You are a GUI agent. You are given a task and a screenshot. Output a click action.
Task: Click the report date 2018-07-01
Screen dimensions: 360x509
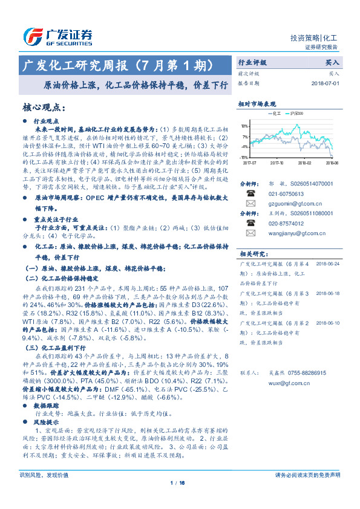tap(325, 83)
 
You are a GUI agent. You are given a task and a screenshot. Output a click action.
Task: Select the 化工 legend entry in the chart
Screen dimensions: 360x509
tap(274, 114)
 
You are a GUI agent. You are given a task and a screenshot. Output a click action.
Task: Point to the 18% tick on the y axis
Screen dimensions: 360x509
tap(244, 126)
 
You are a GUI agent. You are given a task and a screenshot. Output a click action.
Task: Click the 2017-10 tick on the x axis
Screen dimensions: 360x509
tap(277, 163)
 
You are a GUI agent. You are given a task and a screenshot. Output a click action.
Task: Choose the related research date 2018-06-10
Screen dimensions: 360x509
tap(327, 323)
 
